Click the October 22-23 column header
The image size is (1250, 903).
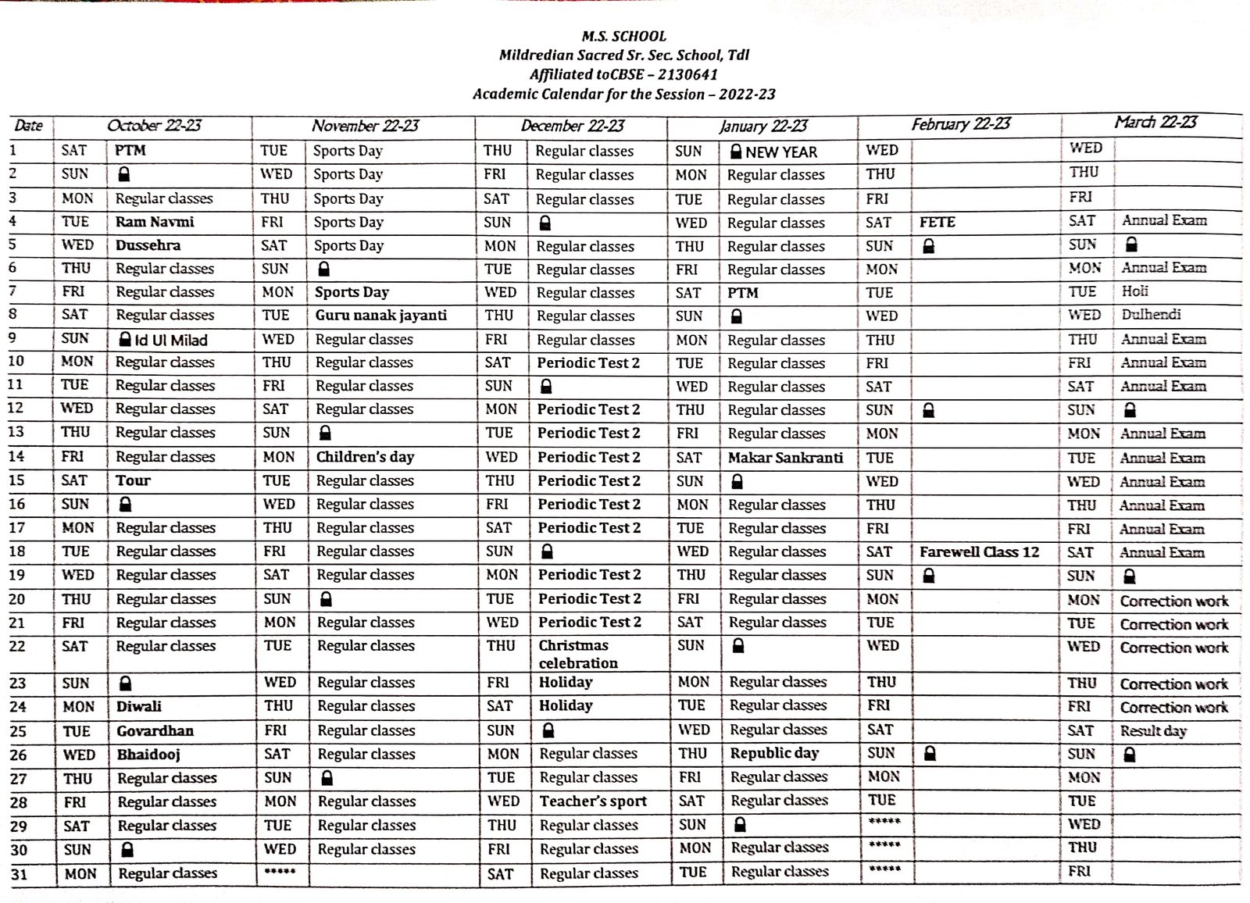154,126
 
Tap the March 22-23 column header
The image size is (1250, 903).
1155,123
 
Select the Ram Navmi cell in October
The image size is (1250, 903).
155,222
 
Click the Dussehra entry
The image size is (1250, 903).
148,245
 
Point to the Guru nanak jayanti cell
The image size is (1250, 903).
380,316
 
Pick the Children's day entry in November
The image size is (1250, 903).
365,457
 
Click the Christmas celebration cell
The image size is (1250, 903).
577,655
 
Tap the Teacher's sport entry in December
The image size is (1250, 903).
593,801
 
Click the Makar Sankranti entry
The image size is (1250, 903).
785,458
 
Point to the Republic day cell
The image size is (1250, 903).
774,754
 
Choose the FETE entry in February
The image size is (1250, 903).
937,223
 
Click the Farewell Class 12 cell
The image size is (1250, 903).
979,552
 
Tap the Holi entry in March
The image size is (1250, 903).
1134,291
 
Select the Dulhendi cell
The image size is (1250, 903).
1151,315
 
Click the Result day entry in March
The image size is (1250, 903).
1152,731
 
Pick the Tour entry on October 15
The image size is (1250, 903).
133,480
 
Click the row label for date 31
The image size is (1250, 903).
19,874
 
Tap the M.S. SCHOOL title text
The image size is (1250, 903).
623,36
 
